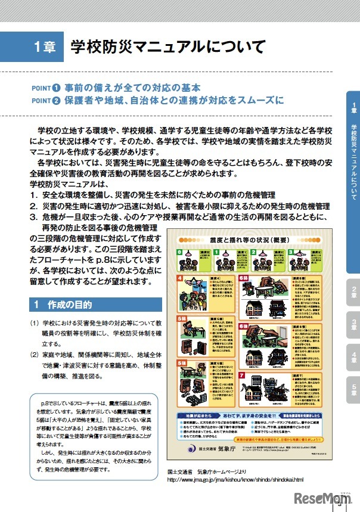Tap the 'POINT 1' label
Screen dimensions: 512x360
click(x=46, y=88)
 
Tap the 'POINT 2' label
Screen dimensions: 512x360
click(x=46, y=100)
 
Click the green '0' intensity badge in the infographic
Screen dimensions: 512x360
click(x=179, y=252)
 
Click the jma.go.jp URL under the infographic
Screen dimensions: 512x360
click(x=235, y=479)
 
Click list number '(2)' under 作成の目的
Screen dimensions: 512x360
click(x=35, y=355)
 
